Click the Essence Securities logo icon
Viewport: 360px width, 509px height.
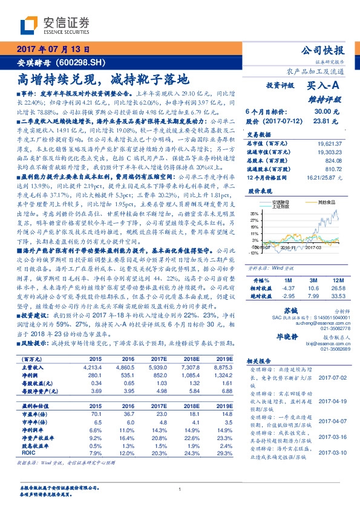click(x=30, y=25)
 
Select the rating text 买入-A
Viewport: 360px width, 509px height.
click(x=323, y=86)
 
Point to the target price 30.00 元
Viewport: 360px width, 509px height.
click(x=321, y=112)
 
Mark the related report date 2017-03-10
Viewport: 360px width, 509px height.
click(x=331, y=452)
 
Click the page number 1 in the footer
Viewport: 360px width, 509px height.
click(x=180, y=489)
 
